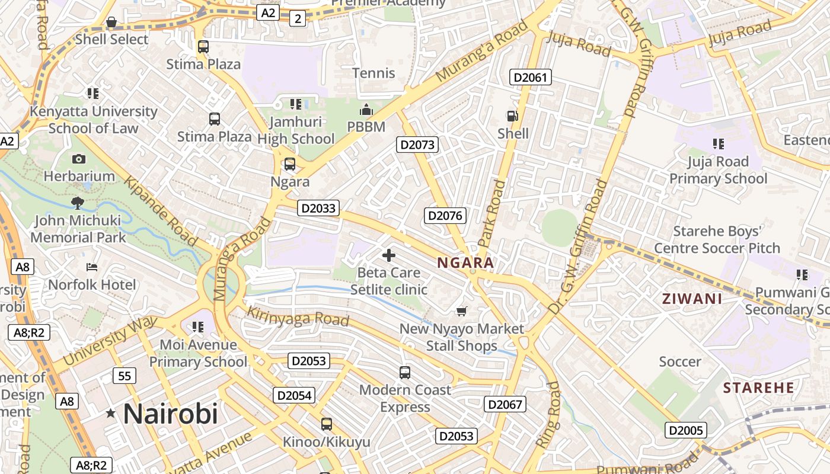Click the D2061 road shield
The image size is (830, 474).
(531, 77)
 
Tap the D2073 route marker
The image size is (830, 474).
(417, 145)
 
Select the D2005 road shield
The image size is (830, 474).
(685, 430)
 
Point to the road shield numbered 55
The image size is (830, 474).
(124, 376)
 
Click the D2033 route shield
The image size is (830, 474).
(318, 208)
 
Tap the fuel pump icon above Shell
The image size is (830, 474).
(512, 117)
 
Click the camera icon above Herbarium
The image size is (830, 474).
(78, 159)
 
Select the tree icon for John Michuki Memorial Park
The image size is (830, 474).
(78, 203)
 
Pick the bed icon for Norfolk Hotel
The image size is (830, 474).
(92, 267)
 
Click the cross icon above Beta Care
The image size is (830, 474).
(389, 255)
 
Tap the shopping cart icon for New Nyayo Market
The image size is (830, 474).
(462, 311)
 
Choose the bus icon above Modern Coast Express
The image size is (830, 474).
(405, 373)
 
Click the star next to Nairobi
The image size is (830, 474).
(111, 414)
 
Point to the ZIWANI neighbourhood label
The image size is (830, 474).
(692, 299)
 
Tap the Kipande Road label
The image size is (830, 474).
(160, 211)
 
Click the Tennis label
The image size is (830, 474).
(373, 73)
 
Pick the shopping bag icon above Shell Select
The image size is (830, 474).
(111, 23)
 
